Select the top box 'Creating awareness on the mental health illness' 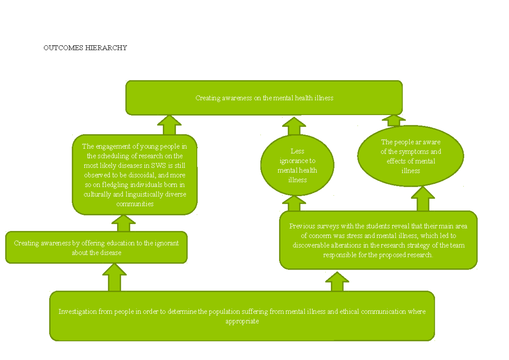pyautogui.click(x=264, y=98)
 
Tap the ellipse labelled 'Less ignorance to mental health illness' pyautogui.click(x=297, y=165)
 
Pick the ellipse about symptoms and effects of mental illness pyautogui.click(x=410, y=156)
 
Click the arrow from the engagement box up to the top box pyautogui.click(x=169, y=125)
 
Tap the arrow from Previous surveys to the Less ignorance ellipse pyautogui.click(x=294, y=203)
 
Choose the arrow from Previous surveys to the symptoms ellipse pyautogui.click(x=423, y=199)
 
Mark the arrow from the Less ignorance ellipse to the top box pyautogui.click(x=294, y=127)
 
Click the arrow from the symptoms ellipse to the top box pyautogui.click(x=393, y=120)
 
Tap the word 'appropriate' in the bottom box pyautogui.click(x=242, y=321)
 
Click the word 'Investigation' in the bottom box pyautogui.click(x=78, y=312)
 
